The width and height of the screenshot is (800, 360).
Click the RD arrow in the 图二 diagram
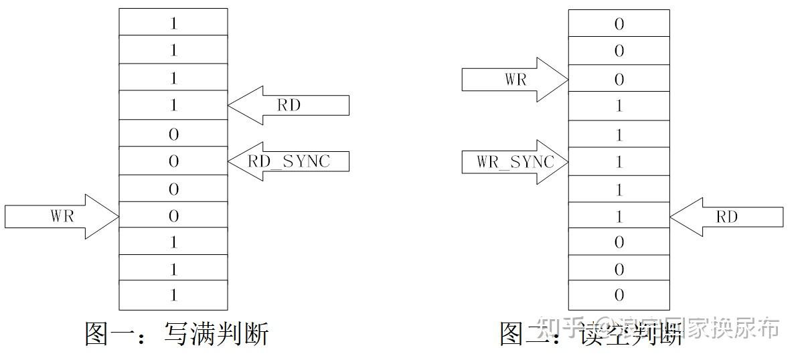coord(726,217)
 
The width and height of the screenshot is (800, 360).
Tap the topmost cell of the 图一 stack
coord(173,22)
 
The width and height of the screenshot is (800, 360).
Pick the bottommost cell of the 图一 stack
coord(173,295)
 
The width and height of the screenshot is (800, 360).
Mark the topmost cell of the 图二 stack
coord(619,23)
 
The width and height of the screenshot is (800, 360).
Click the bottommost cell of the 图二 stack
coord(619,295)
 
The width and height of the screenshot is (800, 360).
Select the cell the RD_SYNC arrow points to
coord(173,161)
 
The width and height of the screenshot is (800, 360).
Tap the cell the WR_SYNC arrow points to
coord(619,162)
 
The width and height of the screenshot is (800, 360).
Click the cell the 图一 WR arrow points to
coord(173,216)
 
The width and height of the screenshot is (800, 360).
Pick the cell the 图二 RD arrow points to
coord(619,217)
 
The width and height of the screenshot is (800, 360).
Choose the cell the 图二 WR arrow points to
coord(619,80)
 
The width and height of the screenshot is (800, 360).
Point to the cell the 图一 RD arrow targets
coord(173,105)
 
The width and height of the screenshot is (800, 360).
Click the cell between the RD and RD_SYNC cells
coord(173,134)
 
